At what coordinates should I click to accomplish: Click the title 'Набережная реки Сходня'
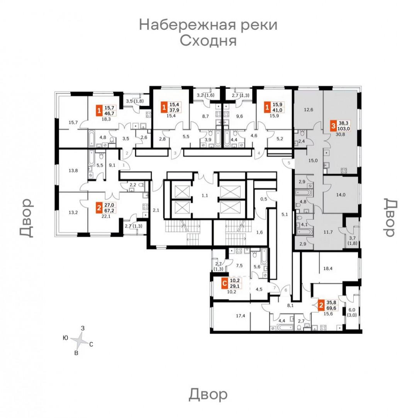[x=208, y=33]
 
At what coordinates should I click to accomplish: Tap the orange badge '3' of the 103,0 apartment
[x=333, y=126]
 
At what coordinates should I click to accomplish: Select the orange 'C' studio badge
[x=225, y=284]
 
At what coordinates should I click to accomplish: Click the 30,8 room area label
[x=340, y=134]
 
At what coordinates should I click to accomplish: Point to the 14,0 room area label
[x=341, y=195]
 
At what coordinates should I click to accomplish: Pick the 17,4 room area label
[x=240, y=316]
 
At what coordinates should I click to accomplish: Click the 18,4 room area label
[x=328, y=269]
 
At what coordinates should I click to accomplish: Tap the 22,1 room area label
[x=106, y=216]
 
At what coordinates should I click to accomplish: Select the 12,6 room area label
[x=308, y=109]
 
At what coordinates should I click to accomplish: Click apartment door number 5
[x=289, y=163]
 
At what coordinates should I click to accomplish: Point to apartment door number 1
[x=124, y=165]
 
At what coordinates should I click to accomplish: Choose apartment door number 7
[x=275, y=288]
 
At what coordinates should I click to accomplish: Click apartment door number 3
[x=175, y=153]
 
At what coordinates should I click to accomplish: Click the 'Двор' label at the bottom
[x=208, y=394]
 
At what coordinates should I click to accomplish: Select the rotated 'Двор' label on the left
[x=27, y=218]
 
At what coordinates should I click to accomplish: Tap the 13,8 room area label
[x=73, y=170]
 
